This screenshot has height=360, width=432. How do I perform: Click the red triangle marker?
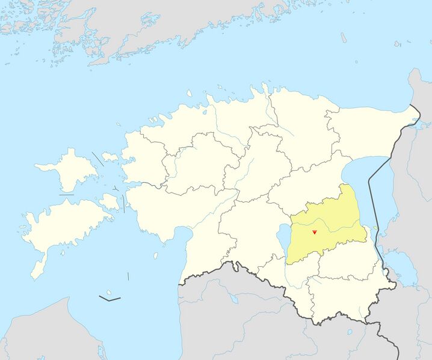click(314, 231)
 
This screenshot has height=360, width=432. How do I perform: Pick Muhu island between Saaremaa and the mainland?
click(110, 201)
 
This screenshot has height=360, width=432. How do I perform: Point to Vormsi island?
click(110, 157)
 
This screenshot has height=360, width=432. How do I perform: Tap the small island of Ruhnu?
click(128, 276)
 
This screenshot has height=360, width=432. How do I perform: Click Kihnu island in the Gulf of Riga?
click(156, 255)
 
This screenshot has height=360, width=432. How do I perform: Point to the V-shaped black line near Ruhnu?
click(110, 297)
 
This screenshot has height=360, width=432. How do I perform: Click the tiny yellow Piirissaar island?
click(376, 228)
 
